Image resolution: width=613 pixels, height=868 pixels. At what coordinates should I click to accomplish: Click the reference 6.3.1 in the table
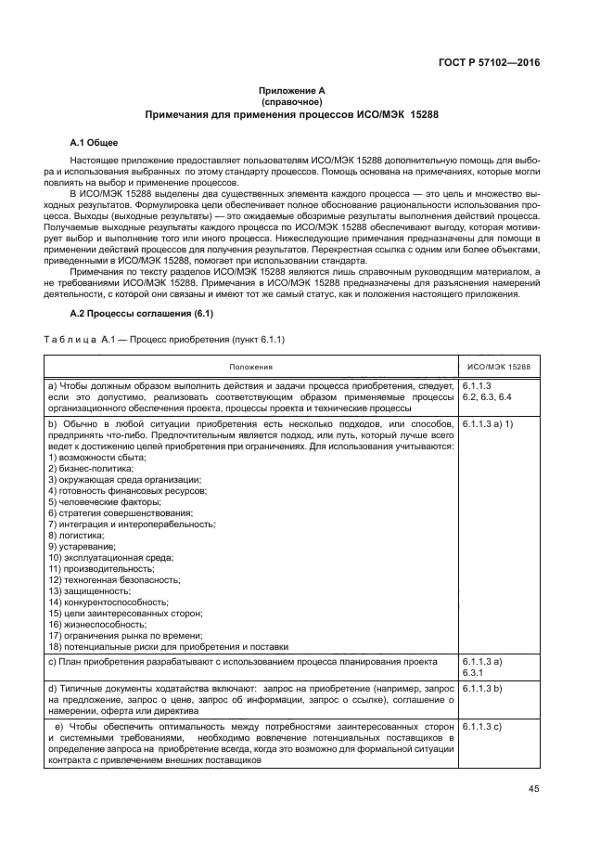[x=474, y=674]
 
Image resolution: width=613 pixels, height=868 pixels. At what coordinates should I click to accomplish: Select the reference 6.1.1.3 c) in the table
[x=481, y=725]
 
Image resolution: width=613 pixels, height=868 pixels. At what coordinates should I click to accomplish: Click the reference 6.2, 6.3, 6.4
[x=486, y=396]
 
